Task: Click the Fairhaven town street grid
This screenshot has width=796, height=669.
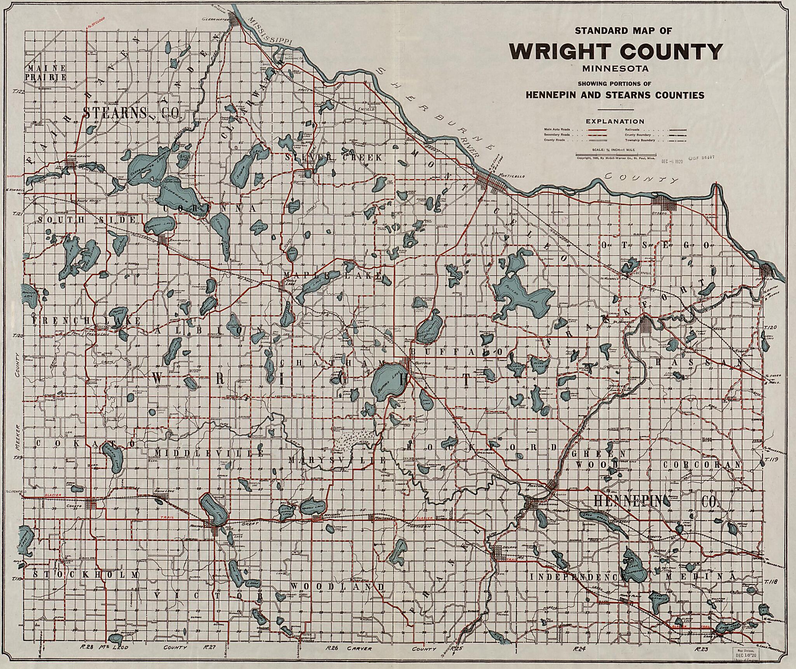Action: [70, 163]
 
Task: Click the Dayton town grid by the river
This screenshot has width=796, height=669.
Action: [767, 270]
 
